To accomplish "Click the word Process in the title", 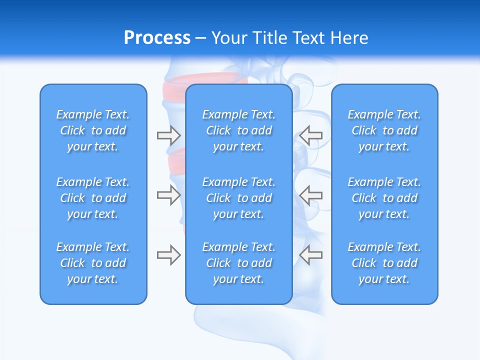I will pos(157,38).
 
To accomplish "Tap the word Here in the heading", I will pos(349,38).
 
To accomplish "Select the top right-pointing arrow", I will pos(168,135).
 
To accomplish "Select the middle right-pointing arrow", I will pos(168,195).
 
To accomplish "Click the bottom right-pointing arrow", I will pos(168,255).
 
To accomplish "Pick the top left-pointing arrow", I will pos(310,135).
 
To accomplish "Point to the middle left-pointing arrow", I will pos(310,195).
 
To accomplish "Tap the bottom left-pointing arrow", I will pos(310,254).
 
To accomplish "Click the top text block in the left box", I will pos(93,130).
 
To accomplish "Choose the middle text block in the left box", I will pos(93,198).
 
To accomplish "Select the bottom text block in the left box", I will pos(93,263).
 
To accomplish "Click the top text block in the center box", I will pos(239,130).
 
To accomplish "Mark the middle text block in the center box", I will pos(239,198).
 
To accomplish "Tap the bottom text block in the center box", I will pos(239,263).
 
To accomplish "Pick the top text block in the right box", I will pos(384,130).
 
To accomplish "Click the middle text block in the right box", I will pos(384,198).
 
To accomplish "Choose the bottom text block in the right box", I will pos(384,263).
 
